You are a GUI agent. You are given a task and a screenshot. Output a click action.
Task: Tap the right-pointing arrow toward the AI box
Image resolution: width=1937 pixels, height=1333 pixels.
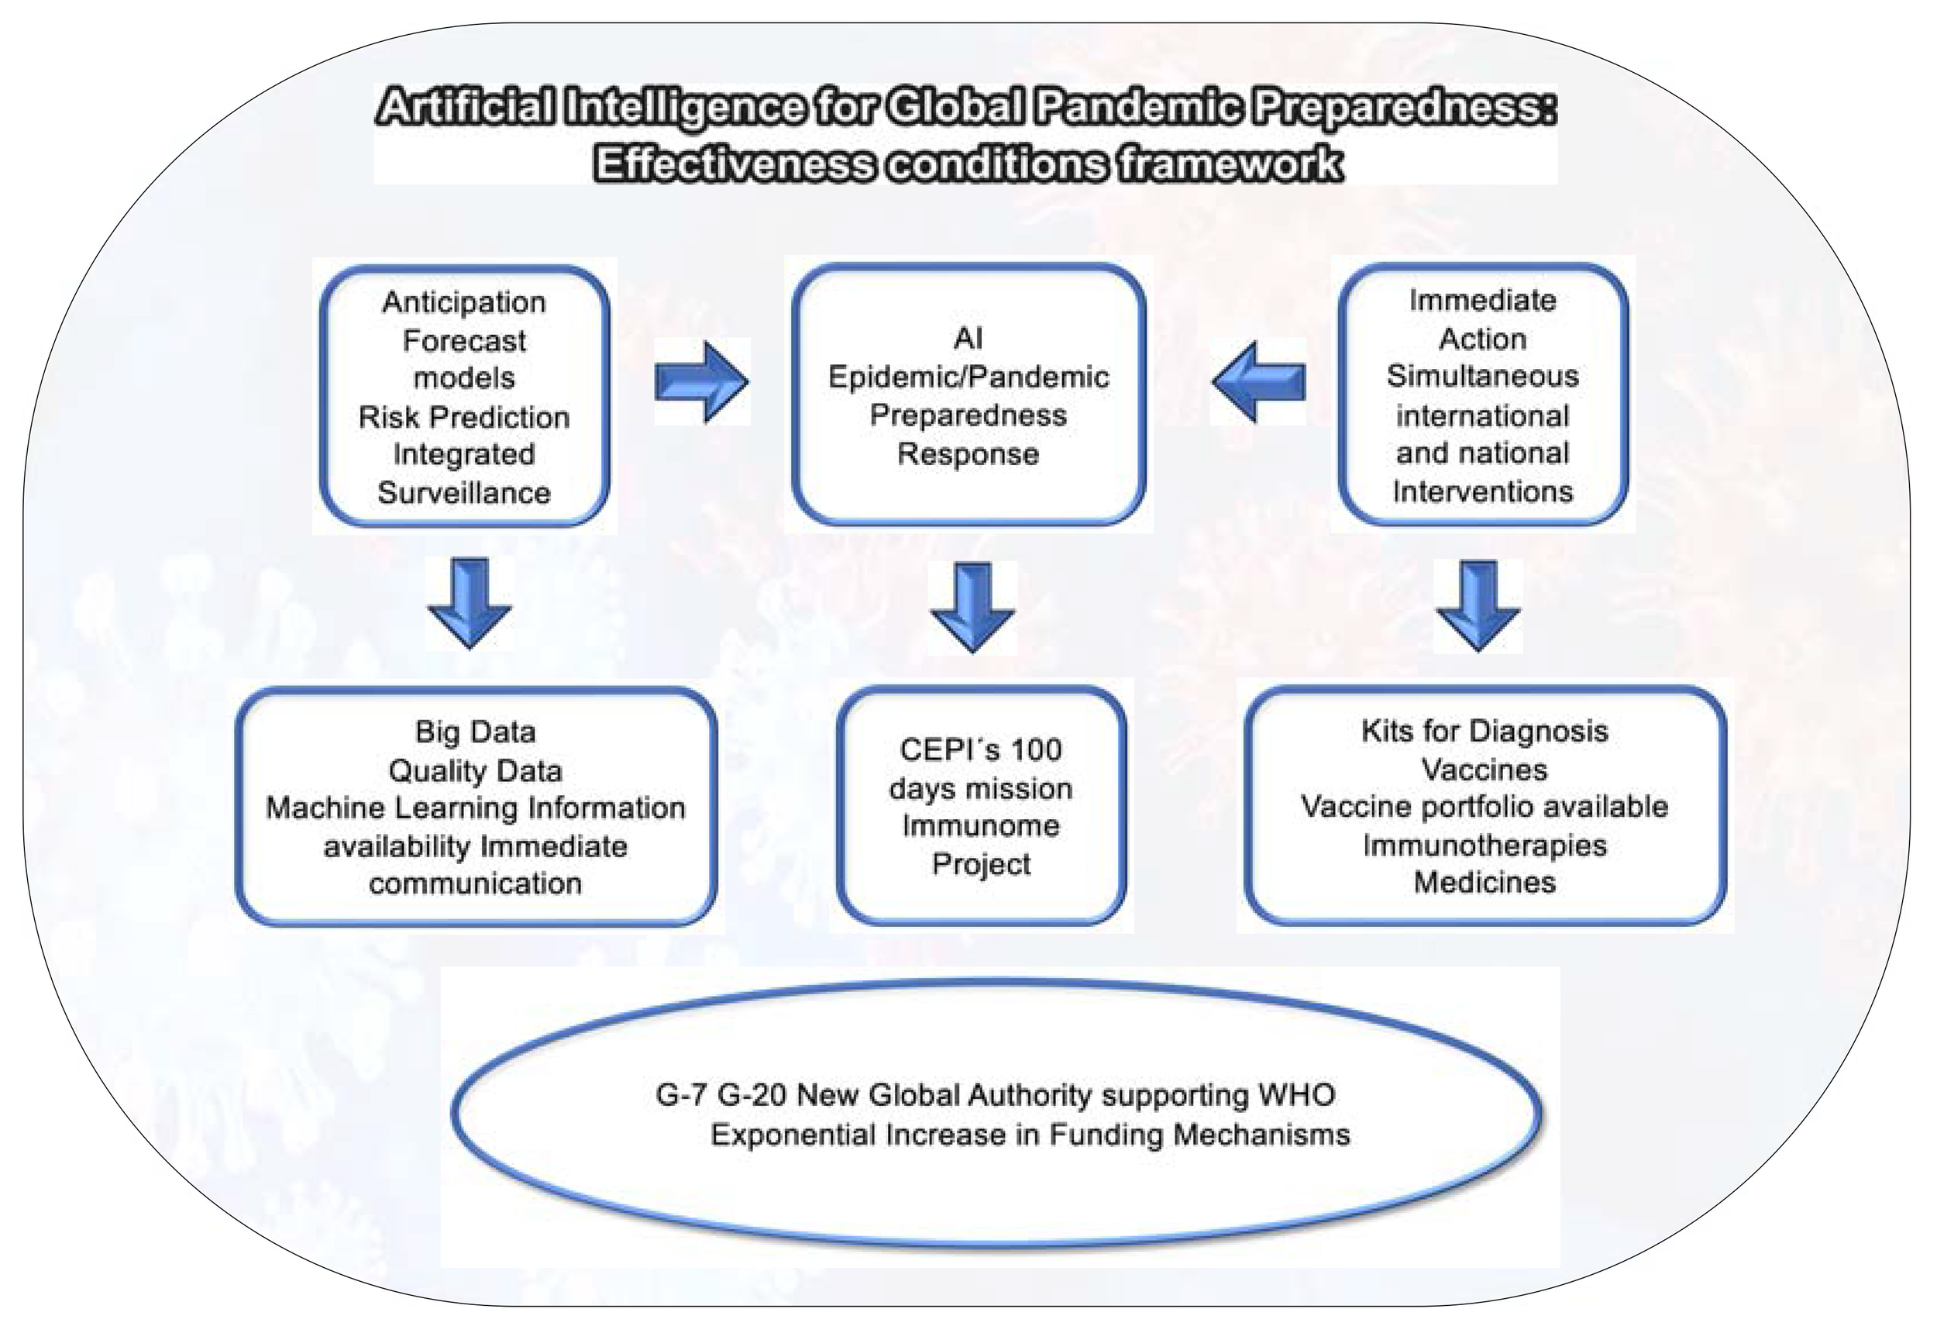(701, 381)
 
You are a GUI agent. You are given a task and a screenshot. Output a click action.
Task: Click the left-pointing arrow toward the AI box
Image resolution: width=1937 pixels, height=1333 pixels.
(1259, 381)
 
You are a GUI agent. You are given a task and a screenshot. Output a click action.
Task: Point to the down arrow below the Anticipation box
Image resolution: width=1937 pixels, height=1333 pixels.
(470, 603)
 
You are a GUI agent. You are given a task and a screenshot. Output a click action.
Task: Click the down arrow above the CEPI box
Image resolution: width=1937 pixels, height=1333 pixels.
(973, 606)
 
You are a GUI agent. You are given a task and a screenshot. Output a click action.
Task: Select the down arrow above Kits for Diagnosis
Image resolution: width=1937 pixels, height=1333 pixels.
(1478, 604)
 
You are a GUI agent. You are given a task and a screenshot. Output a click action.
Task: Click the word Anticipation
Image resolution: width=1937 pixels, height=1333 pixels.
(464, 302)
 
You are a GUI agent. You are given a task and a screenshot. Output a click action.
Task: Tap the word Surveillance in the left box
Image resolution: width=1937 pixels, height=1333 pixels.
(464, 493)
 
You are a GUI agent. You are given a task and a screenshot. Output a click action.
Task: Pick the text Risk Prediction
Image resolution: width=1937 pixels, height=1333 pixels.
(464, 417)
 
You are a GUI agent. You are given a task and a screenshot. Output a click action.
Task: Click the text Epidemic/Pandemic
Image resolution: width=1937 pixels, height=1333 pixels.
(968, 377)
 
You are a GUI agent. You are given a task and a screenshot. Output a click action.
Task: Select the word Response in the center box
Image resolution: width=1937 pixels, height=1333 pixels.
(968, 454)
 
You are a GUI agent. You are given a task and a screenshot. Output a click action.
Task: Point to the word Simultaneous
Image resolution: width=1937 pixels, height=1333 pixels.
(1483, 377)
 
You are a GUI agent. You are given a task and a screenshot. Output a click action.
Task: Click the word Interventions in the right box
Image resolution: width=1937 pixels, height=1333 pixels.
(1483, 491)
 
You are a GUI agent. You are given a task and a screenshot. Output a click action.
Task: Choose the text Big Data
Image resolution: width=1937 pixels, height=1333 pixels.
(475, 732)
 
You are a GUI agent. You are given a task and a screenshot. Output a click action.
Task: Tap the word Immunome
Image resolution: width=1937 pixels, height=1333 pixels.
(981, 826)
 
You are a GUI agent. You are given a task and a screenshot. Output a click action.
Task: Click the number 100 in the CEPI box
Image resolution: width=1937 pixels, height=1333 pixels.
(1036, 750)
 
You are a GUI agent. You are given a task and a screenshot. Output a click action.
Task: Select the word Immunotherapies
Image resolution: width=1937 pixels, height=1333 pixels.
(1485, 846)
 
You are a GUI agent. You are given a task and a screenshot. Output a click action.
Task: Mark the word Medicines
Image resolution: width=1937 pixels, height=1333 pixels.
(1485, 883)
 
